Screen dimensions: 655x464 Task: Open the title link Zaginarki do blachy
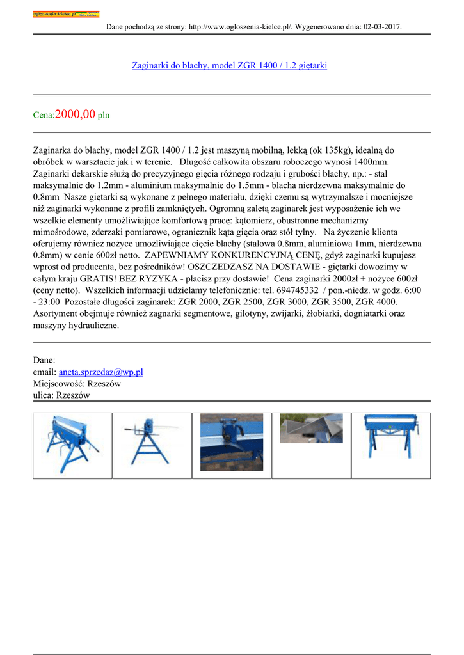(x=229, y=65)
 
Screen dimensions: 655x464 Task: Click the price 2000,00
(x=76, y=114)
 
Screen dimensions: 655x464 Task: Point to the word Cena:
(x=44, y=116)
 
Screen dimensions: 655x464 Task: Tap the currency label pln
(x=104, y=116)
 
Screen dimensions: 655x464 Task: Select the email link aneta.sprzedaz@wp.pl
(x=100, y=372)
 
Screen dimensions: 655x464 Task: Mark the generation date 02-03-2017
(x=382, y=27)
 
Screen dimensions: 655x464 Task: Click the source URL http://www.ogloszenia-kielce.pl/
(x=239, y=27)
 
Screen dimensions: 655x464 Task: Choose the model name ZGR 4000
(x=376, y=302)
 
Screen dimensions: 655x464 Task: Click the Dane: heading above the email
(x=44, y=360)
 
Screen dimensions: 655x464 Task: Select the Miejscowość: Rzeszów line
(x=77, y=384)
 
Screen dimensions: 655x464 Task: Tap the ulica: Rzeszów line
(x=61, y=396)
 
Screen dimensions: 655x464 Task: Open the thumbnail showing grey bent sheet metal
(x=311, y=428)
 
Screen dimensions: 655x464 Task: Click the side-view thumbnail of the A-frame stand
(x=152, y=445)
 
